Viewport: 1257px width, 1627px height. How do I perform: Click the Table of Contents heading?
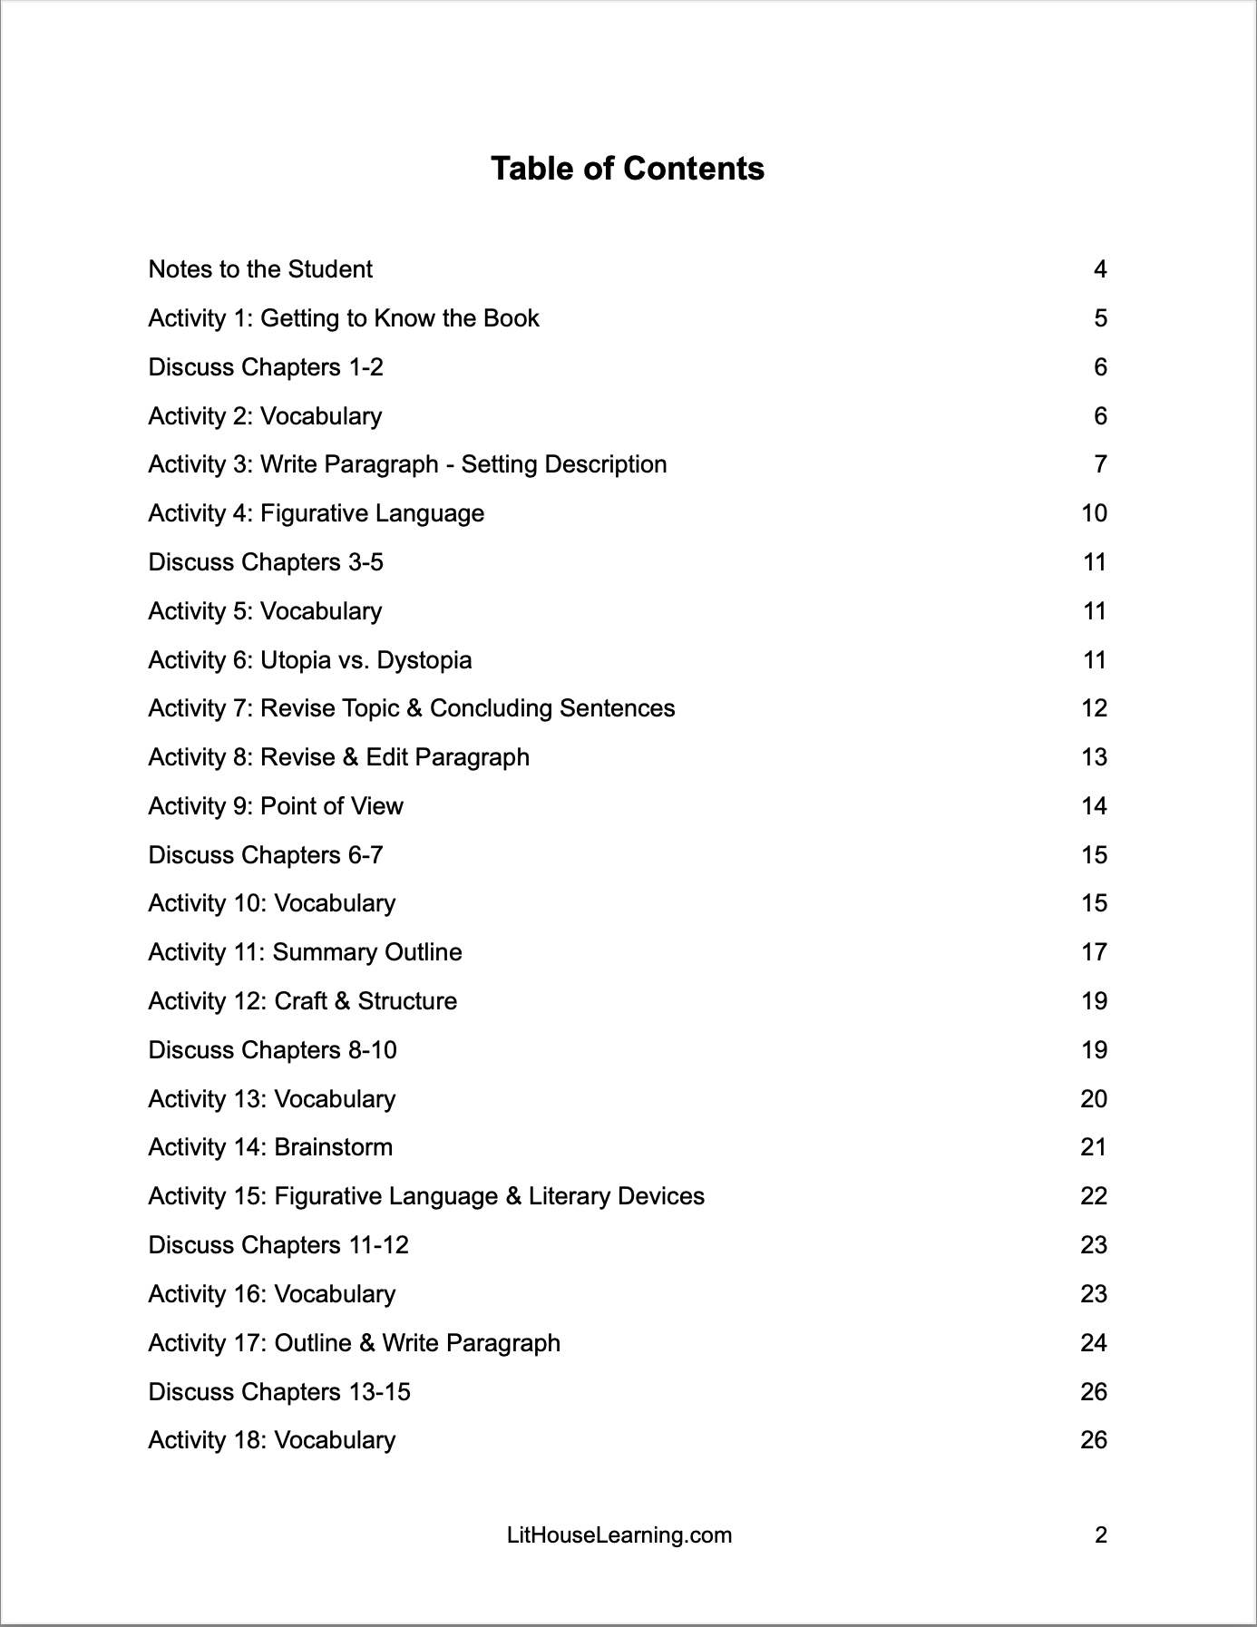[x=628, y=169]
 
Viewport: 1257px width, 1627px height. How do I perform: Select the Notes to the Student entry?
[x=260, y=269]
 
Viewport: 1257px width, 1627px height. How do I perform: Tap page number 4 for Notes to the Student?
[x=1100, y=269]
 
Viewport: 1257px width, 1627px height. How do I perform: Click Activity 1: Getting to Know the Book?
[x=344, y=318]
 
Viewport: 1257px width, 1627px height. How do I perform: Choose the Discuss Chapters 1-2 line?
[x=266, y=367]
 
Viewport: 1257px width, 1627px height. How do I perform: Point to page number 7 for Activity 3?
[x=1100, y=464]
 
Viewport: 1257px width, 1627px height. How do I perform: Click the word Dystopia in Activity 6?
[x=424, y=659]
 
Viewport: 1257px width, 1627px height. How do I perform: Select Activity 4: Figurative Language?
[x=317, y=513]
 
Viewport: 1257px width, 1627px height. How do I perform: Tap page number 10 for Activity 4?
[x=1095, y=513]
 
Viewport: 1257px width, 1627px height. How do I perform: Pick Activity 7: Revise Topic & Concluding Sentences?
[x=412, y=708]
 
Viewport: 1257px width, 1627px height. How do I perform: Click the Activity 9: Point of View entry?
[x=276, y=806]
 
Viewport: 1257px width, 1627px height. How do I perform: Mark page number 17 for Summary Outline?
[x=1095, y=952]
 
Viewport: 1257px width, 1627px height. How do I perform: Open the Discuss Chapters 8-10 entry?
[x=273, y=1050]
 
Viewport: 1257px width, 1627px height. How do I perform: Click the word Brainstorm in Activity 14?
[x=333, y=1147]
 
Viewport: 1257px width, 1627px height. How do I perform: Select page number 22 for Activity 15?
[x=1094, y=1196]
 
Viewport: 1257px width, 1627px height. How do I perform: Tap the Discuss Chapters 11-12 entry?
[x=278, y=1245]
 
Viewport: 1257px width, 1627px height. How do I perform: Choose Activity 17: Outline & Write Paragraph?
[x=355, y=1343]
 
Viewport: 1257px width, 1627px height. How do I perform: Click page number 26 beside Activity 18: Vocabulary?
[x=1094, y=1440]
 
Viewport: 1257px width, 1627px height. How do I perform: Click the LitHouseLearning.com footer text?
[x=619, y=1535]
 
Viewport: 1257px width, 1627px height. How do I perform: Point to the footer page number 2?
[x=1101, y=1535]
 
